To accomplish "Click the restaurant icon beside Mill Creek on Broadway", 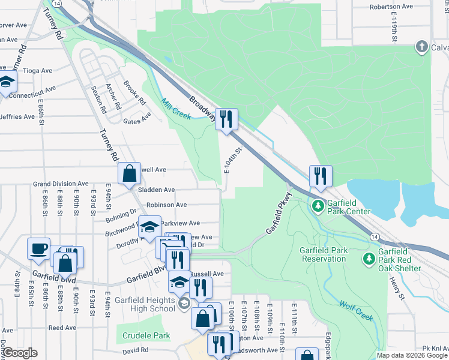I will pyautogui.click(x=226, y=119).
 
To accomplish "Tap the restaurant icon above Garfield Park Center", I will pyautogui.click(x=321, y=176).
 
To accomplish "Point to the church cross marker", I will pyautogui.click(x=422, y=47).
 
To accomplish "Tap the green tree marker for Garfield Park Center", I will pyautogui.click(x=318, y=207).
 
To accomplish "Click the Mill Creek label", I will pyautogui.click(x=176, y=109).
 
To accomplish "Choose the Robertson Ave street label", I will pyautogui.click(x=391, y=6).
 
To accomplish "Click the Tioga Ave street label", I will pyautogui.click(x=38, y=70).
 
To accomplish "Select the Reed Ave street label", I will pyautogui.click(x=62, y=328).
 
